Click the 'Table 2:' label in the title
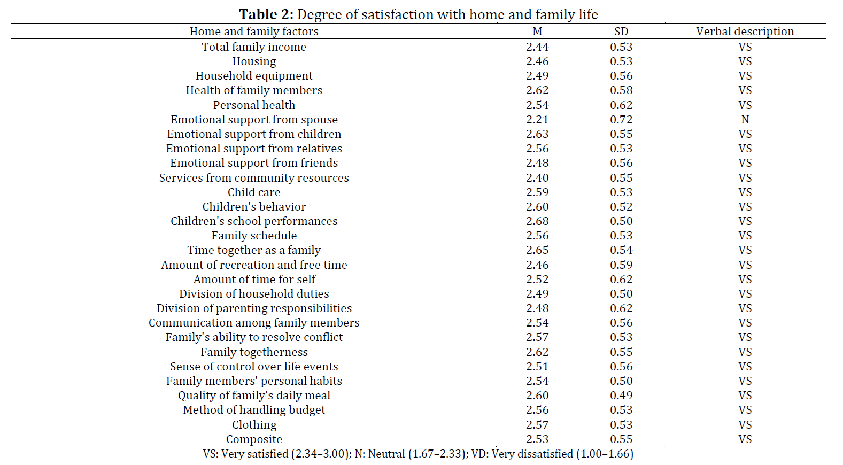266,14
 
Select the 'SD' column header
621,31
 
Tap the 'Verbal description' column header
745,31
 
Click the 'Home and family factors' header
254,31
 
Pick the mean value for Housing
537,61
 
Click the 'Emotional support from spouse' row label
254,120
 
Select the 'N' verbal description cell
745,120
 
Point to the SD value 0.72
621,120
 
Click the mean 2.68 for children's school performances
537,221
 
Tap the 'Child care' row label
254,192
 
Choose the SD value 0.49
621,396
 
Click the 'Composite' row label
254,439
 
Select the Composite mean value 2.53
537,439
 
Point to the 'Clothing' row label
254,425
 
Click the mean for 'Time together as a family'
537,250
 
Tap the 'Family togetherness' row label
254,352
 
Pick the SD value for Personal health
621,105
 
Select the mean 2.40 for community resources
537,178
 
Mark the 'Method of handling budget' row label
254,410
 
